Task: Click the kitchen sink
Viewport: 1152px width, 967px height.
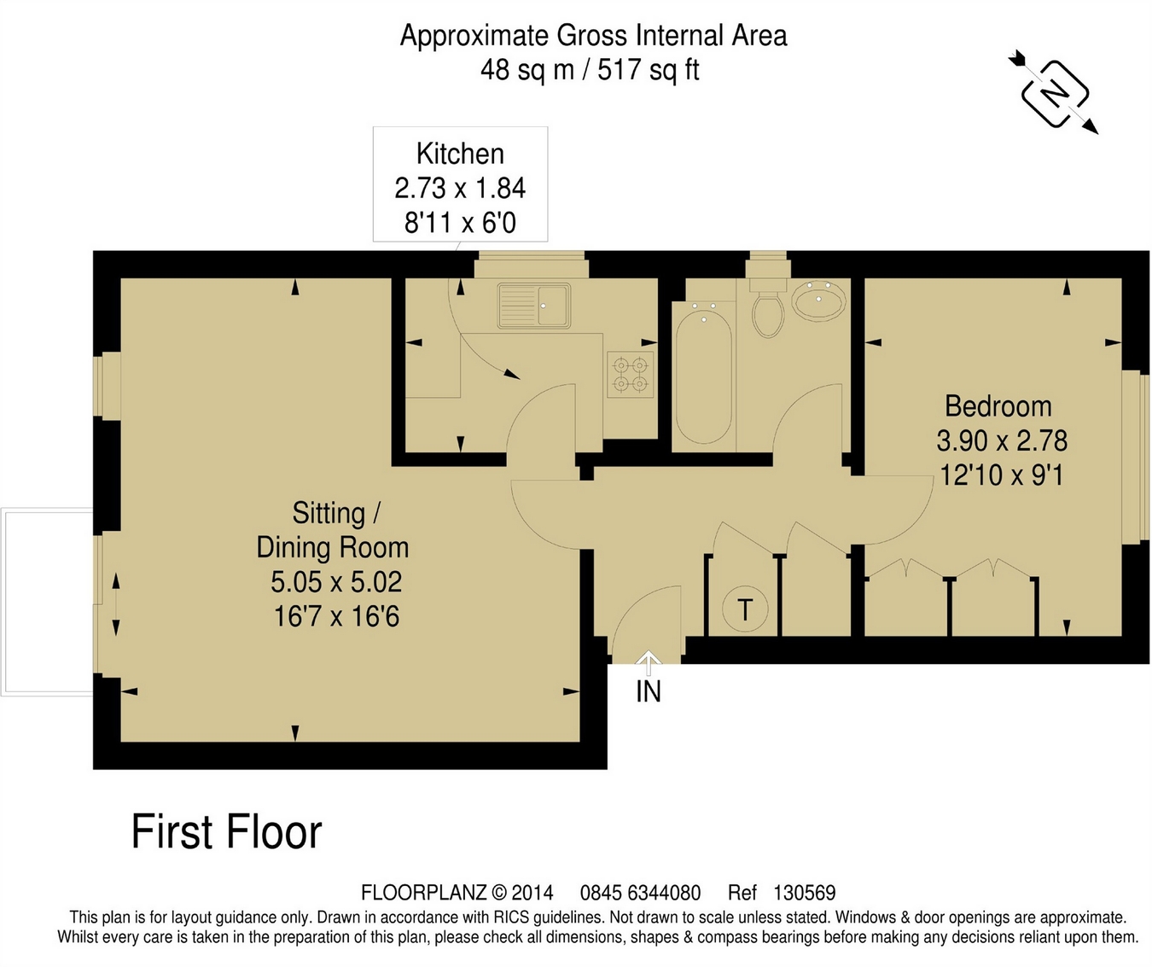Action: click(x=534, y=306)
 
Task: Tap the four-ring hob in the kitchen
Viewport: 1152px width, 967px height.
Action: click(x=631, y=374)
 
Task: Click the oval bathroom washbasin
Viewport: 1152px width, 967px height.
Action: click(x=818, y=299)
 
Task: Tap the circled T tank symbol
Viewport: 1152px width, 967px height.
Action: click(x=745, y=609)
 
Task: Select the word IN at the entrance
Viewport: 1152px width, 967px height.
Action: click(x=649, y=692)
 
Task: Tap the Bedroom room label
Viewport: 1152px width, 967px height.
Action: click(x=998, y=406)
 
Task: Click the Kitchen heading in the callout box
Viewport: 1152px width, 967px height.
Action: click(x=460, y=154)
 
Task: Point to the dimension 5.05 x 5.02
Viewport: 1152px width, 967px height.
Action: click(x=336, y=582)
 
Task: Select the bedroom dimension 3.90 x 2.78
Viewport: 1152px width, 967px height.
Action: click(x=1002, y=440)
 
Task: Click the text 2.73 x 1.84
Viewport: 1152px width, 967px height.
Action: click(x=460, y=189)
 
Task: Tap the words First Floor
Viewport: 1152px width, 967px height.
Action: click(x=227, y=831)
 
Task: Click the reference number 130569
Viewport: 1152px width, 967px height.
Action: click(x=805, y=893)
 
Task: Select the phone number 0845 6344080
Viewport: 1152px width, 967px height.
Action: click(x=640, y=893)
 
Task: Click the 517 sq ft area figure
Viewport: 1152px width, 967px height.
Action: click(x=649, y=70)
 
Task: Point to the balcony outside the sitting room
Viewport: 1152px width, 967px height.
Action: click(x=48, y=602)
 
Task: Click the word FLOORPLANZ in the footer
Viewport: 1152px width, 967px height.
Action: click(x=424, y=893)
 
